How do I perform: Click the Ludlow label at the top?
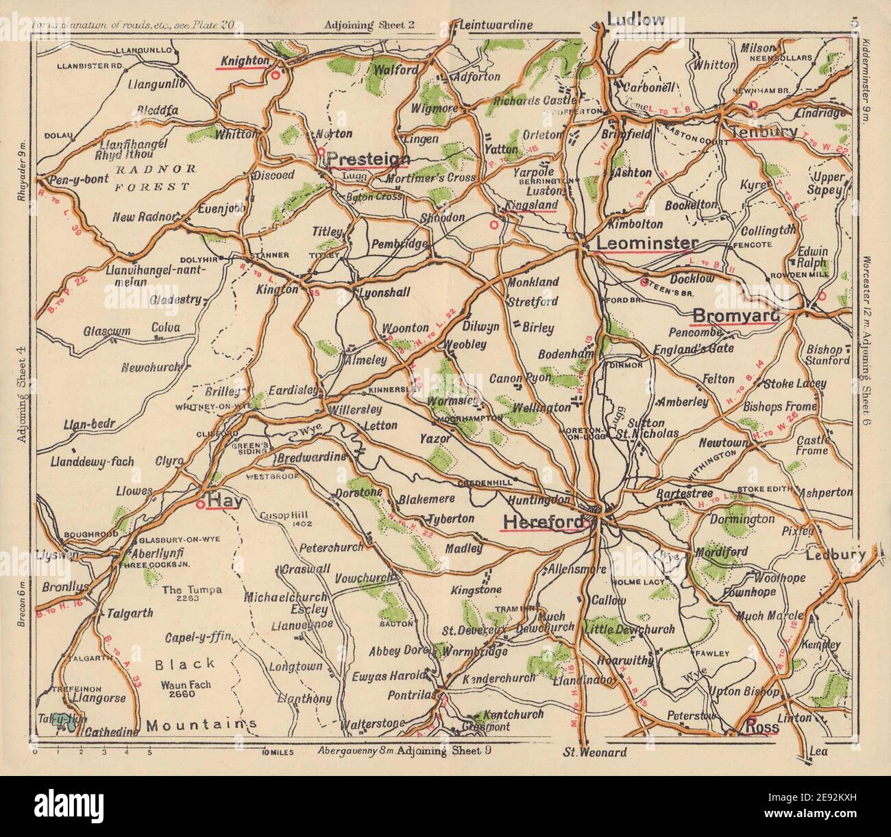(635, 19)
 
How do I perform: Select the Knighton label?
(244, 61)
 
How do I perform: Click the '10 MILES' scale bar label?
(277, 752)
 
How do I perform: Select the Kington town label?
(278, 290)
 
